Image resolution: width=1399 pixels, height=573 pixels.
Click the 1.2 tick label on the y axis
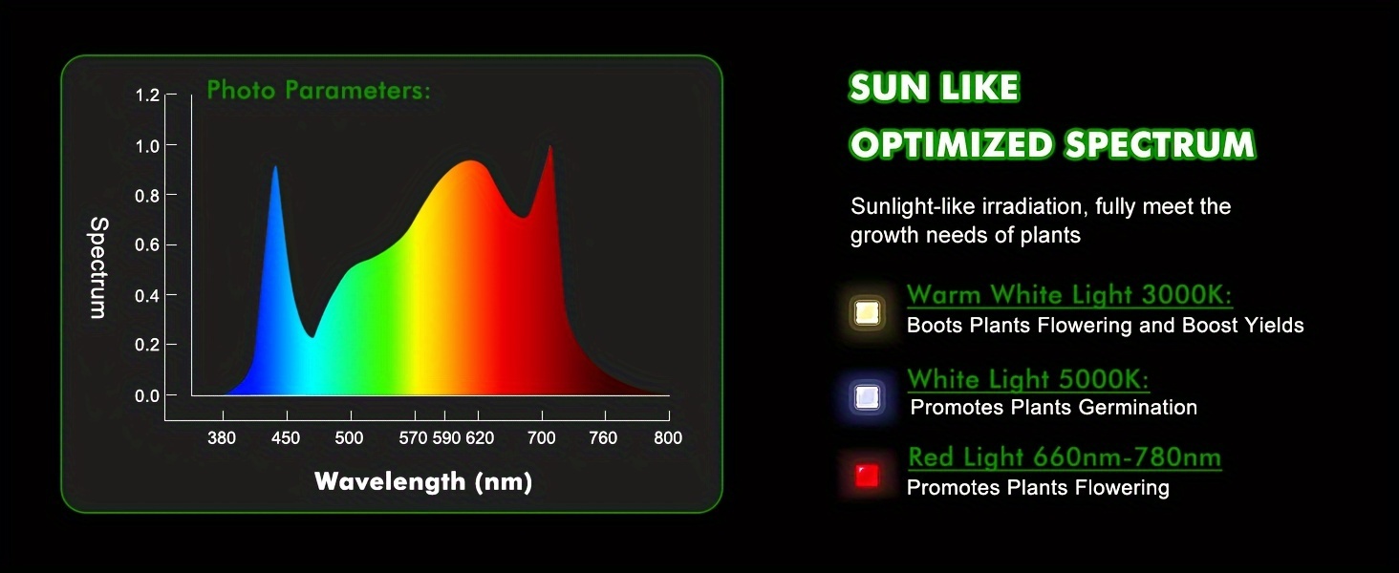[x=147, y=95]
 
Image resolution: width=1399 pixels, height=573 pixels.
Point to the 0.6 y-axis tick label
[x=147, y=244]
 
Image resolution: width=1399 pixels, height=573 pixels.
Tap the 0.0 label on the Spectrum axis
[x=147, y=395]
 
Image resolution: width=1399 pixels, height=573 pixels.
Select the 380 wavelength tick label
[x=222, y=438]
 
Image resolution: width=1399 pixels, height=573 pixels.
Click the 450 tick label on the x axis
[x=286, y=438]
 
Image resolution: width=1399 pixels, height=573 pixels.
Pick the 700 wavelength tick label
[x=541, y=438]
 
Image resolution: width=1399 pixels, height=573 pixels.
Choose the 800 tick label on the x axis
[x=668, y=438]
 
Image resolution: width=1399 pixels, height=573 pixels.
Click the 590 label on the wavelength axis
[x=446, y=438]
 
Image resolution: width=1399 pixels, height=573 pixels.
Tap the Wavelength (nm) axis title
[x=423, y=482]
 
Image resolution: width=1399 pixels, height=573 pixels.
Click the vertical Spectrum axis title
[x=98, y=267]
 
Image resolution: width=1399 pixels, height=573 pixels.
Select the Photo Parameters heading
[x=318, y=91]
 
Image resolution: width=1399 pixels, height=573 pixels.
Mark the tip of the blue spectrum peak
[x=275, y=167]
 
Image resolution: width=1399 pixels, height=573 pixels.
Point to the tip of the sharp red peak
[x=549, y=146]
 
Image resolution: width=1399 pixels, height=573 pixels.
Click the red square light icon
[x=867, y=477]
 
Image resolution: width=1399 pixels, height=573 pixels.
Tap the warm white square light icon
[x=867, y=312]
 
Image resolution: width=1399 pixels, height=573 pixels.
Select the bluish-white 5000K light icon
[x=867, y=397]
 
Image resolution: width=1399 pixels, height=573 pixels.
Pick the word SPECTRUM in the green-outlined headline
[x=1160, y=145]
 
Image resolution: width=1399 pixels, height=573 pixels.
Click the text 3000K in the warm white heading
[x=1187, y=294]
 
